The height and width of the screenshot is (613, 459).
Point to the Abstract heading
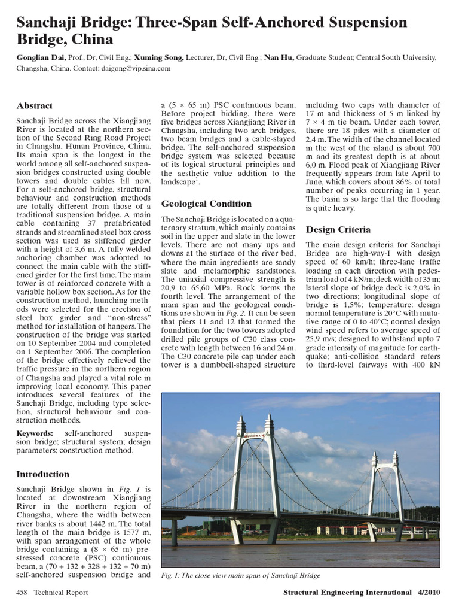34,106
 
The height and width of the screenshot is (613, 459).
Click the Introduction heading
42,474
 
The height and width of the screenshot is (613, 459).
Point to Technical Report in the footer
60,593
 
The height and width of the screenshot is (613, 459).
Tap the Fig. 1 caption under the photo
241,575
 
